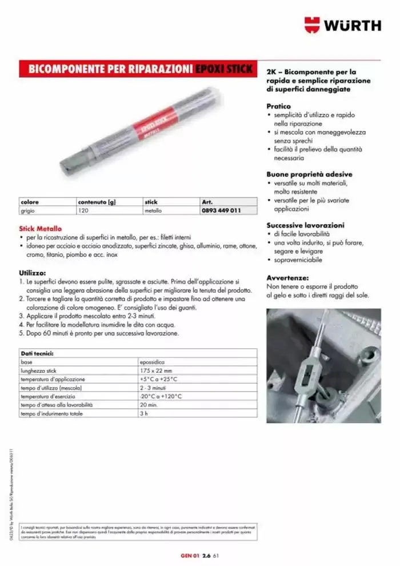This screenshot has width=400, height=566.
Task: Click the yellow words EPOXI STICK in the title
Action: coord(223,69)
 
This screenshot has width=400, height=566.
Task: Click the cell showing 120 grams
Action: coord(85,210)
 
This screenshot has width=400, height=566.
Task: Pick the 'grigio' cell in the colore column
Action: coord(28,210)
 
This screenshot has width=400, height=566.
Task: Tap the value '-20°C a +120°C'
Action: coord(161,396)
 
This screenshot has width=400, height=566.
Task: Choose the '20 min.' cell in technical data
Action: coord(147,404)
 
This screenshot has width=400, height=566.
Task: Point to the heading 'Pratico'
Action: coord(278,106)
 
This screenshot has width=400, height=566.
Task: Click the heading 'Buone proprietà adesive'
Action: coord(309,174)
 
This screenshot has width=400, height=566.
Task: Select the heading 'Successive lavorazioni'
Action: coord(305,225)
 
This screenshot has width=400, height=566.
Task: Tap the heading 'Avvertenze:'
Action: coord(287,277)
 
